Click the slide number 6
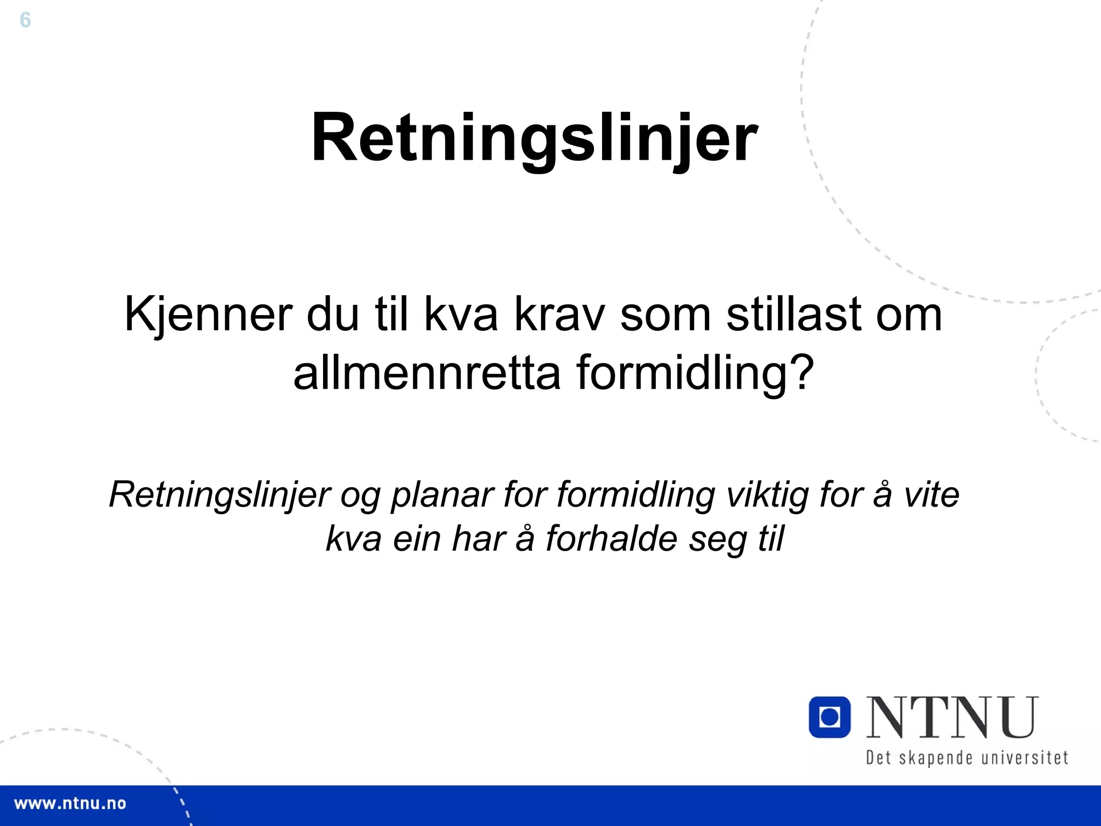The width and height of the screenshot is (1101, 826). [25, 20]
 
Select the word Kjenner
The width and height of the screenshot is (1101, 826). [209, 315]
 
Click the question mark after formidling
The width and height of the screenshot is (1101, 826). [803, 373]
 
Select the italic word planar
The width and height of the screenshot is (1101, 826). [442, 495]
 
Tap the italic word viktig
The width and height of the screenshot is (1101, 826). [767, 495]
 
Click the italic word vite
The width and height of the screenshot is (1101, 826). [931, 495]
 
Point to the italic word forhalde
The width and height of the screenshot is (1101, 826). [612, 538]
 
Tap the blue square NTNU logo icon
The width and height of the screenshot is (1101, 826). [830, 717]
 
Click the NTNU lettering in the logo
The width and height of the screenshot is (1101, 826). [952, 717]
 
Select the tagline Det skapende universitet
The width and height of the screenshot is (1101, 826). [967, 758]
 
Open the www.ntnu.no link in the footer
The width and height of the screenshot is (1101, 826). [70, 804]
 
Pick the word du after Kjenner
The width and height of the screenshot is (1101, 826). [333, 315]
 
